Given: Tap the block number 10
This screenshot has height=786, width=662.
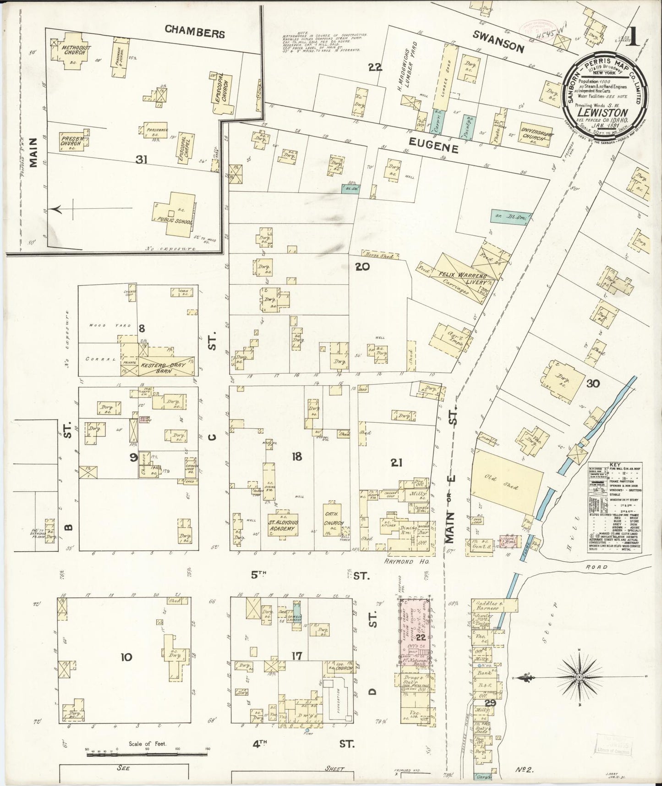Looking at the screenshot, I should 126,657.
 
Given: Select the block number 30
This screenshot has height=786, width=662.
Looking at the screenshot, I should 593,383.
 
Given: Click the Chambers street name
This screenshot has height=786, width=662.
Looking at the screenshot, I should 195,33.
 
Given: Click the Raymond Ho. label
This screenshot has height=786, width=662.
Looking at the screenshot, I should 405,561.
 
